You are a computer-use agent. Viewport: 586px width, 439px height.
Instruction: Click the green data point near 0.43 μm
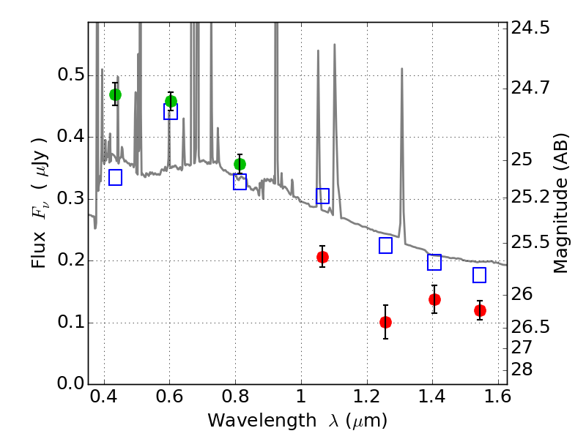point(115,94)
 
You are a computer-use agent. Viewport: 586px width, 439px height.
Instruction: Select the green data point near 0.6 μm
point(171,102)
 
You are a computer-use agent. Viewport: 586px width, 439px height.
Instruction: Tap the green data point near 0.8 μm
point(240,164)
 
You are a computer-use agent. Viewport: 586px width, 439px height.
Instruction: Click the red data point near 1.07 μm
point(322,257)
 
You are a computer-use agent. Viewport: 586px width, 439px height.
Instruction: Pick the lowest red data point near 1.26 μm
point(386,322)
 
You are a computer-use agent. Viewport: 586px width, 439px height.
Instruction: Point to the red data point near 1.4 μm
point(434,299)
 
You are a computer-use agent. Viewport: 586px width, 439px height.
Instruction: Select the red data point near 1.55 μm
point(480,310)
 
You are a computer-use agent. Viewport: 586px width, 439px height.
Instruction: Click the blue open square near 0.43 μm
point(115,177)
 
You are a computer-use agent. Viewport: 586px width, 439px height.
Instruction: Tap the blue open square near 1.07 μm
point(322,196)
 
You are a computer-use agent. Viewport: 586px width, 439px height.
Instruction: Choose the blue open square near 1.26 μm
point(386,246)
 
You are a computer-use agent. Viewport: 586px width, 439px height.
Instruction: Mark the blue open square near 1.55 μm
point(480,275)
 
